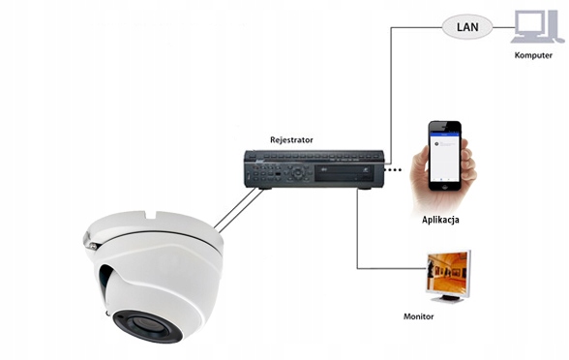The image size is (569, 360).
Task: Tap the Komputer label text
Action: pyautogui.click(x=531, y=55)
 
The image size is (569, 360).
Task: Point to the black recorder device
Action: pyautogui.click(x=314, y=168)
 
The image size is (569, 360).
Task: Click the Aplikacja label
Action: pyautogui.click(x=441, y=221)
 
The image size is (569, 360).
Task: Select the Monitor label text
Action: pyautogui.click(x=418, y=316)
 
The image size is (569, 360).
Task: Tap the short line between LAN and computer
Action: pyautogui.click(x=501, y=26)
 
